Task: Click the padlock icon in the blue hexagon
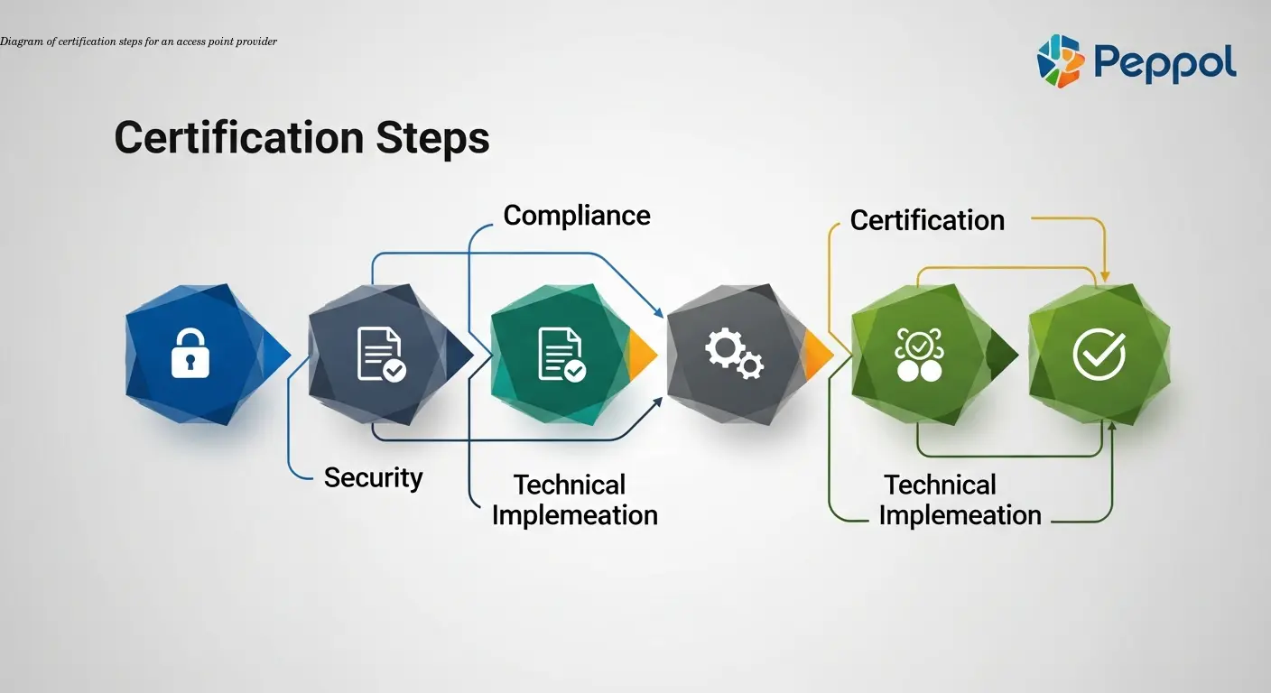click(x=190, y=353)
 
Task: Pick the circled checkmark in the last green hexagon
click(x=1099, y=353)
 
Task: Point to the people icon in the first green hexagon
click(x=918, y=355)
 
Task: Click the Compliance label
click(x=577, y=216)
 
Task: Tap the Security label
click(x=373, y=477)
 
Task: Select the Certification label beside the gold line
click(x=927, y=220)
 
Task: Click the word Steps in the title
click(x=432, y=138)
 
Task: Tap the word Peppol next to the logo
click(x=1164, y=63)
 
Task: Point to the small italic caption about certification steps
click(x=139, y=42)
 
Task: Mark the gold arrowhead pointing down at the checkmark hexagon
click(x=1104, y=273)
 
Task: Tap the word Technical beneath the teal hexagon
click(x=570, y=485)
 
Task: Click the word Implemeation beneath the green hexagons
click(x=960, y=515)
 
